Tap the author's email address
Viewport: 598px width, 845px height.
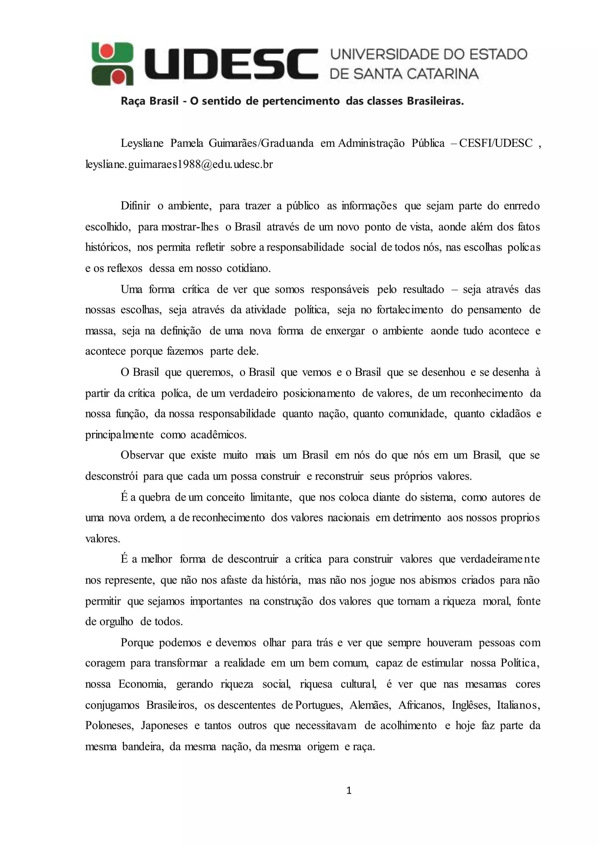coord(179,164)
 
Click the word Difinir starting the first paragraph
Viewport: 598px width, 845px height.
coord(135,206)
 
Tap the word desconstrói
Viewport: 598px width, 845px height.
coord(112,476)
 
